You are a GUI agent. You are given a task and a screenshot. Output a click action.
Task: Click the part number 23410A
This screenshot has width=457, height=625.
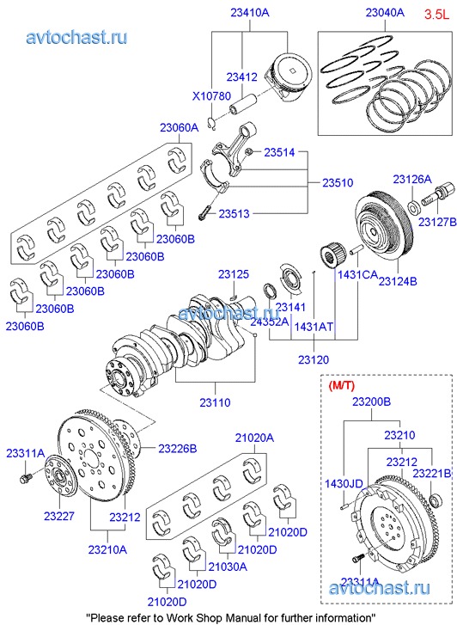click(250, 13)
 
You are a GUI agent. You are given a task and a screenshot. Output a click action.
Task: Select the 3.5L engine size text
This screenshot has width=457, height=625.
click(436, 15)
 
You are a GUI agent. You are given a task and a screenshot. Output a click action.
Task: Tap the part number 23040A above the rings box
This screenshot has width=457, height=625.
click(385, 13)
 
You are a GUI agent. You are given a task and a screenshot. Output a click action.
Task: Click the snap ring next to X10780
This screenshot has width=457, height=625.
click(212, 123)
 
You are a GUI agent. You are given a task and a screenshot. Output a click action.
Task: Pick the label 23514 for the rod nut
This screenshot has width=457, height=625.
click(279, 152)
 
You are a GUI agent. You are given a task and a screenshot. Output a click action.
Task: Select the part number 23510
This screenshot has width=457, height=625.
click(338, 182)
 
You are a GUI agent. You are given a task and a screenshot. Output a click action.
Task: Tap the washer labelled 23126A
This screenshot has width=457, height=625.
click(415, 207)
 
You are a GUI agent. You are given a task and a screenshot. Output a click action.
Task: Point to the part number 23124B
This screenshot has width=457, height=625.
click(398, 281)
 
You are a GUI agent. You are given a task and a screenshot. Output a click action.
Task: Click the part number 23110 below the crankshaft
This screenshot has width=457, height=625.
click(215, 402)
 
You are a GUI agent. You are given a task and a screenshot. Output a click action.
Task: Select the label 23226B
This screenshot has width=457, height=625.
click(178, 449)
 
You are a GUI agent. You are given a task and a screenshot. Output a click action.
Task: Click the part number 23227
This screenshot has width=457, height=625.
click(59, 516)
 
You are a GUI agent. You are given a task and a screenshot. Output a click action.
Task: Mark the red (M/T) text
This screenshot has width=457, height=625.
click(341, 385)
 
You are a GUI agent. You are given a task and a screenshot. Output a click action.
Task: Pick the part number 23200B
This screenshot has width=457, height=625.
click(371, 401)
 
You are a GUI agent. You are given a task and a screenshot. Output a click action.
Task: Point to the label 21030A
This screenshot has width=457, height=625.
click(228, 567)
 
